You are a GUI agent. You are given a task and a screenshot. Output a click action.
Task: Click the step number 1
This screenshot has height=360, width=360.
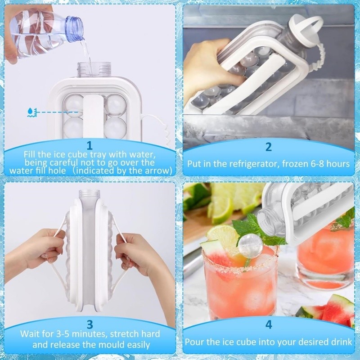coord(90,145)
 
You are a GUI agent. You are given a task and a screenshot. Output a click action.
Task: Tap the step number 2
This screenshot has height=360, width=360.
coord(268,147)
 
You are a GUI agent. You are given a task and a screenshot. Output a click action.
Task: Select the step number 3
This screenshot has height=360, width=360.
coord(90,324)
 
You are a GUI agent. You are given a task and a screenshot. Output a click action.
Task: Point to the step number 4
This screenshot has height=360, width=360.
coord(269,324)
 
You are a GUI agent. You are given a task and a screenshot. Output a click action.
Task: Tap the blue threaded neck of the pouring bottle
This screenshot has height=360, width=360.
coord(75,26)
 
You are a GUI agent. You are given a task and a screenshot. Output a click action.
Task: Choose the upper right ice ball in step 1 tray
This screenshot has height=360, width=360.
coord(116,105)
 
